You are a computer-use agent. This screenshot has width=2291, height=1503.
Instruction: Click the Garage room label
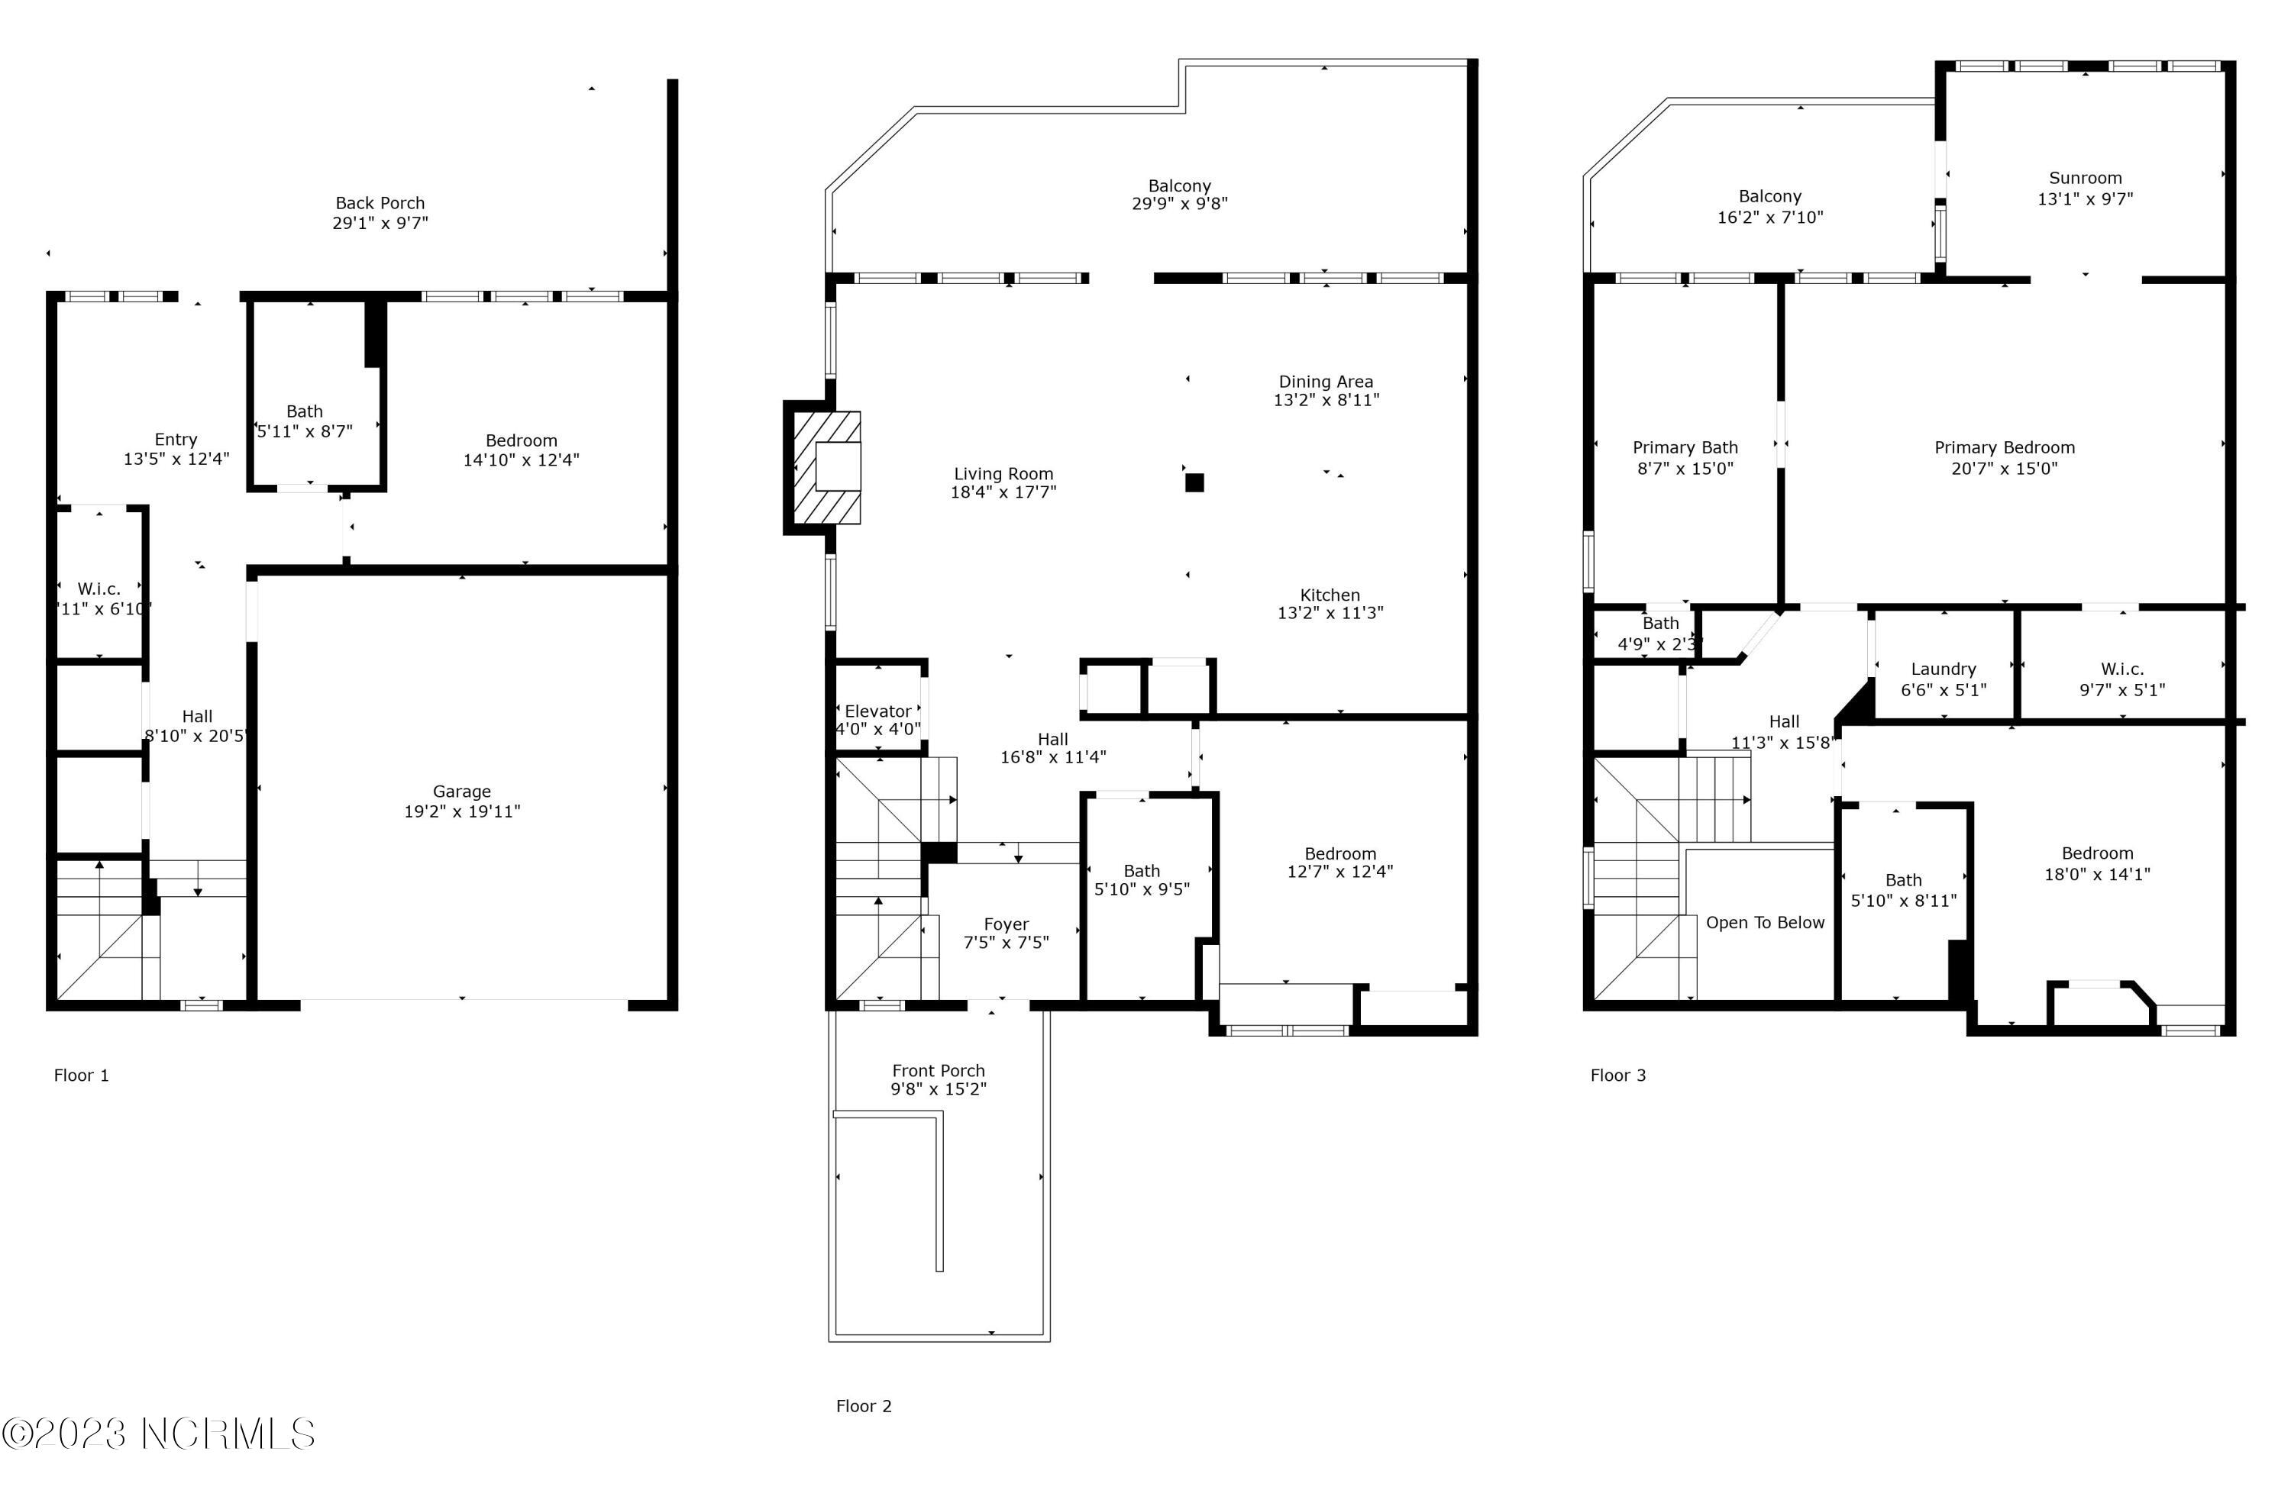(x=461, y=792)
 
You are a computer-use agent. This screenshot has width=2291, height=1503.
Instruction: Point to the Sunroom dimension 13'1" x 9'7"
(x=2085, y=199)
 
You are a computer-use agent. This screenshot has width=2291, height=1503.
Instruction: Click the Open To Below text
(x=1765, y=924)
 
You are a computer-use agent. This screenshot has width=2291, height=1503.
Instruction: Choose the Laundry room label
(x=1943, y=669)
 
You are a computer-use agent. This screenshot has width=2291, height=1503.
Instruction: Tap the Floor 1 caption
(x=81, y=1076)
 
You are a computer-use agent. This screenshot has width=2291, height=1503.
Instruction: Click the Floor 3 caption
(x=1617, y=1076)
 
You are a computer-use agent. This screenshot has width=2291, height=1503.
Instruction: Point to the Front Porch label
(x=938, y=1071)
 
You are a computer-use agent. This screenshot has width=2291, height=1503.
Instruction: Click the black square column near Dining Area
(x=1194, y=483)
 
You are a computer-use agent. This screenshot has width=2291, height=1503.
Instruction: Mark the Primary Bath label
(x=1685, y=448)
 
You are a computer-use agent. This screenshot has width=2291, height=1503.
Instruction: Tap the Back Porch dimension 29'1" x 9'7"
(x=380, y=223)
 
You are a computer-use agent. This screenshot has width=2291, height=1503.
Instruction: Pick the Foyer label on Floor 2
(x=1006, y=924)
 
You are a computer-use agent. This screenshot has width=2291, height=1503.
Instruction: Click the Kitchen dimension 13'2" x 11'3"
(x=1330, y=613)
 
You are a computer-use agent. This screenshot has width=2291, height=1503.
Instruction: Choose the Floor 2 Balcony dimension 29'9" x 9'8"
(x=1179, y=204)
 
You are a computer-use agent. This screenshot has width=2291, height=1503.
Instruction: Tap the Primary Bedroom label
(x=2004, y=448)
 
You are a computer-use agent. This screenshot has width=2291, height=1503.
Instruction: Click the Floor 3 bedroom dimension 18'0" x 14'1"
(x=2096, y=875)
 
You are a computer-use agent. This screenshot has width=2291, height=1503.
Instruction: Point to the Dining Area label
(x=1326, y=382)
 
